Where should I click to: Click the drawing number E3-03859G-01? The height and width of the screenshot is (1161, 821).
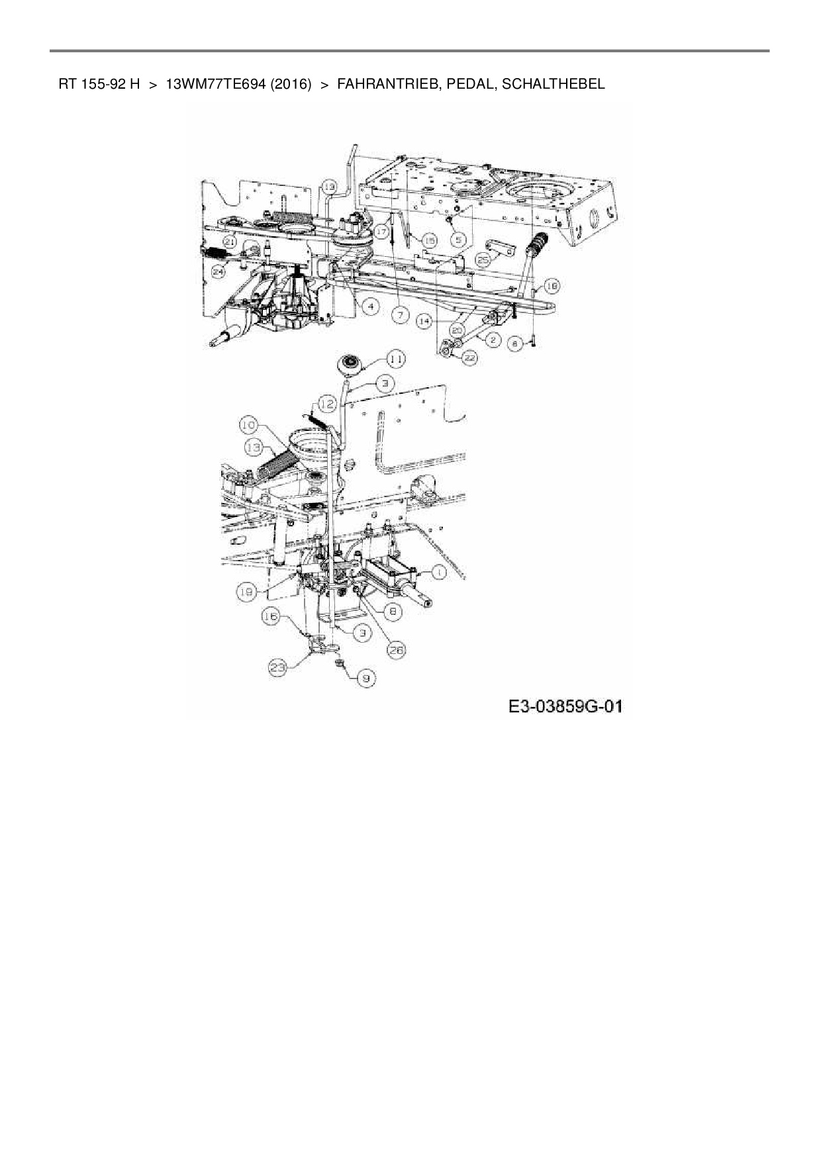[565, 707]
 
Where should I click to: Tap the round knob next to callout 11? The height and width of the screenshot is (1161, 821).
[350, 364]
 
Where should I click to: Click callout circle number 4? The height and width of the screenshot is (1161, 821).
[370, 306]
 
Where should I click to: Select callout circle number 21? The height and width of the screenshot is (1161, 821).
[229, 242]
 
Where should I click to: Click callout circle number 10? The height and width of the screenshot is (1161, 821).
[248, 424]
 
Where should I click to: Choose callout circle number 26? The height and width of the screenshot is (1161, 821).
[397, 650]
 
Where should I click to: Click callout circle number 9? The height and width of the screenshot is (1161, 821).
[365, 677]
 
